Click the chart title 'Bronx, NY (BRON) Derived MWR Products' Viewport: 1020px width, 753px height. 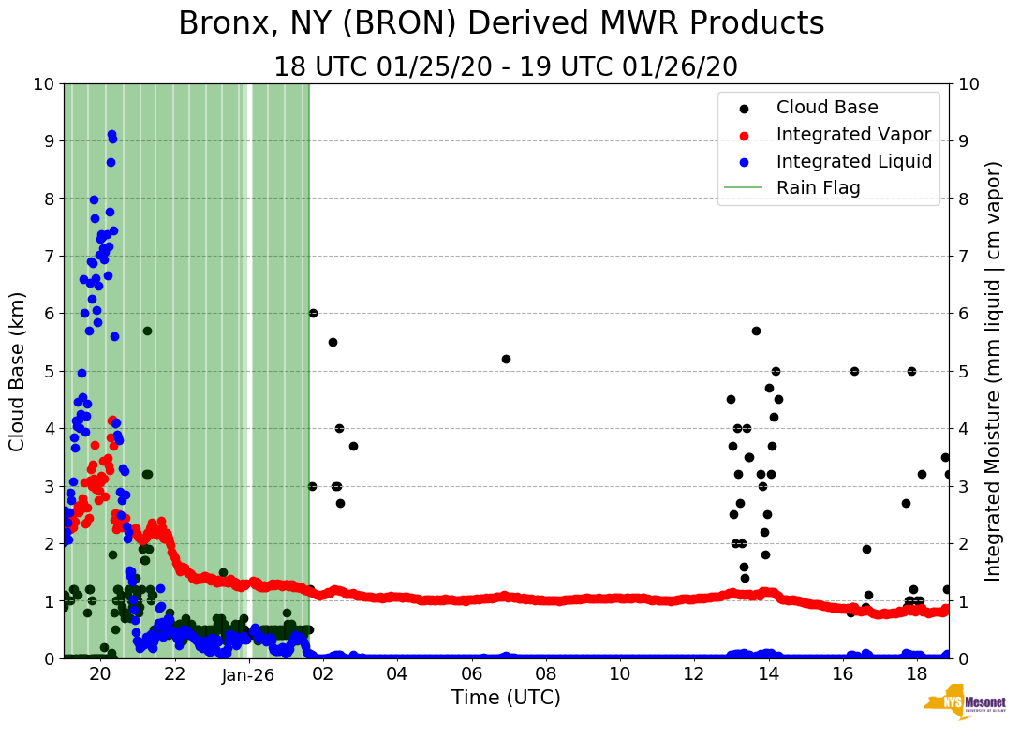[501, 23]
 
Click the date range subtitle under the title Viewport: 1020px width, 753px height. [506, 67]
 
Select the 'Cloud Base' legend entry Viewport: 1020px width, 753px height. [827, 108]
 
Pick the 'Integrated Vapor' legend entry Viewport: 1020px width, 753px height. [853, 134]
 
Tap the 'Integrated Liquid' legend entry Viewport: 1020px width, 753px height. [853, 161]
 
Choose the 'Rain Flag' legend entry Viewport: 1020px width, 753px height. [818, 187]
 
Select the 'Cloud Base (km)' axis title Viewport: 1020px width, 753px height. [18, 371]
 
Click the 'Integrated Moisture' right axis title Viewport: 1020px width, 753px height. [994, 371]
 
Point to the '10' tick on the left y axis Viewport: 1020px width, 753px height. [43, 84]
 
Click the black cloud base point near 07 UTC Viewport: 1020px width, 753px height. [506, 359]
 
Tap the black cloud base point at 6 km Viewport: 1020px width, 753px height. [313, 313]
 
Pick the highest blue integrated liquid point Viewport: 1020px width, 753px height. [111, 135]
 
